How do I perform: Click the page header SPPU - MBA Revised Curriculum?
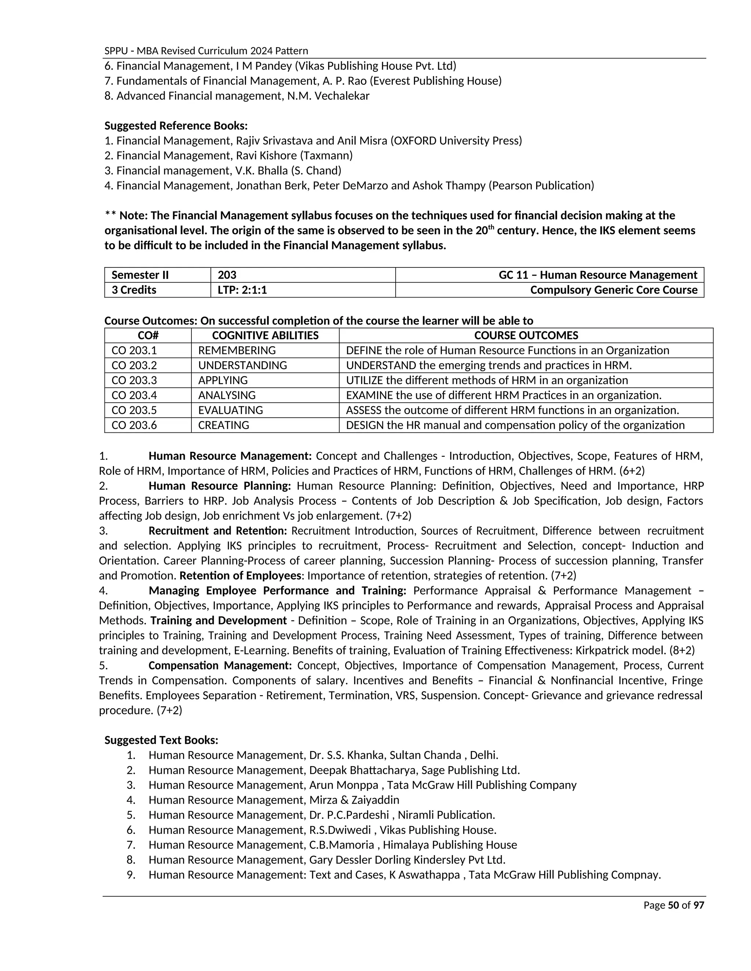coord(206,51)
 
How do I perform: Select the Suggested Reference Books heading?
coord(176,125)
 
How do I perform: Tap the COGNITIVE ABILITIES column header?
coord(265,335)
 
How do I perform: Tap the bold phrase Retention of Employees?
coord(240,575)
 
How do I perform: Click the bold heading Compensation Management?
coord(220,665)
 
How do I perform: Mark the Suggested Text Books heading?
coord(161,740)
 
